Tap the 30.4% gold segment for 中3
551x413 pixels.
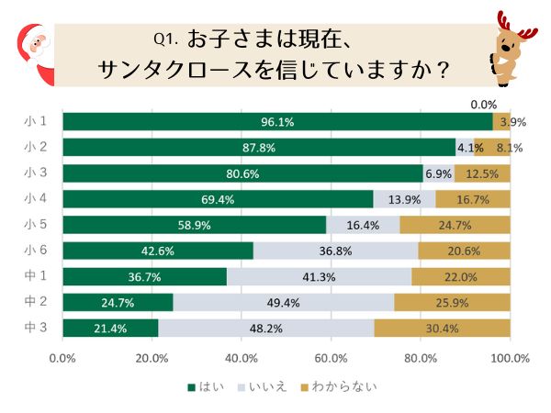click(442, 328)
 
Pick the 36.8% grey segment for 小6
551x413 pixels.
click(335, 251)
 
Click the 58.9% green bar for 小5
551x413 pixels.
click(194, 225)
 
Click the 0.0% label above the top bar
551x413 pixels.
click(483, 105)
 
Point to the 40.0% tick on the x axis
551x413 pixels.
click(241, 358)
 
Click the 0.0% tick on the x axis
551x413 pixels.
click(62, 358)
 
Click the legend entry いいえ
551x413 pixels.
click(267, 386)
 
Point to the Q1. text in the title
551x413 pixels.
click(165, 39)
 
